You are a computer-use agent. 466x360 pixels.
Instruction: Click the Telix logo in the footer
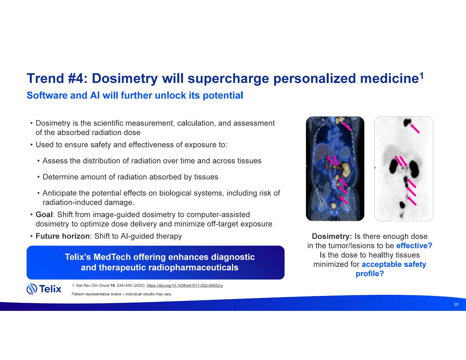tap(44, 289)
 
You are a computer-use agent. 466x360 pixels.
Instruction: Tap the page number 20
tap(456, 304)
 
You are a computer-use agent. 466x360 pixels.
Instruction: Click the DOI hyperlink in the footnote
tap(185, 285)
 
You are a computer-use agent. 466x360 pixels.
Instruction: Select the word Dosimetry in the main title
tap(125, 78)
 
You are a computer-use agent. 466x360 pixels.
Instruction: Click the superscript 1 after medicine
tap(421, 76)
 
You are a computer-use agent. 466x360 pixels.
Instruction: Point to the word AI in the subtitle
tap(95, 95)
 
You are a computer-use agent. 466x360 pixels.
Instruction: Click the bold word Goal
tap(44, 214)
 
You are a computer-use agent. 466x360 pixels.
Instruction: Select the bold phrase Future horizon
tap(63, 236)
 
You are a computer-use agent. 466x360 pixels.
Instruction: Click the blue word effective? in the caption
tap(414, 245)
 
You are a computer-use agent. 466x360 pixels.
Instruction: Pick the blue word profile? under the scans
tap(370, 274)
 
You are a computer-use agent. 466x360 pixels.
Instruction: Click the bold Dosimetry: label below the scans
tap(332, 236)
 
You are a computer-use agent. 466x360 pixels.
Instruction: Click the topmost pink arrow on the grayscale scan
tap(415, 129)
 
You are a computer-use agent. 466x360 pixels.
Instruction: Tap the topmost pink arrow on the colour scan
tap(346, 126)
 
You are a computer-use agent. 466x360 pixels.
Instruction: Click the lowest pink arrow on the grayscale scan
tap(412, 201)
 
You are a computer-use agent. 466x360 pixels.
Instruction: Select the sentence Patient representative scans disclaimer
tap(122, 294)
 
